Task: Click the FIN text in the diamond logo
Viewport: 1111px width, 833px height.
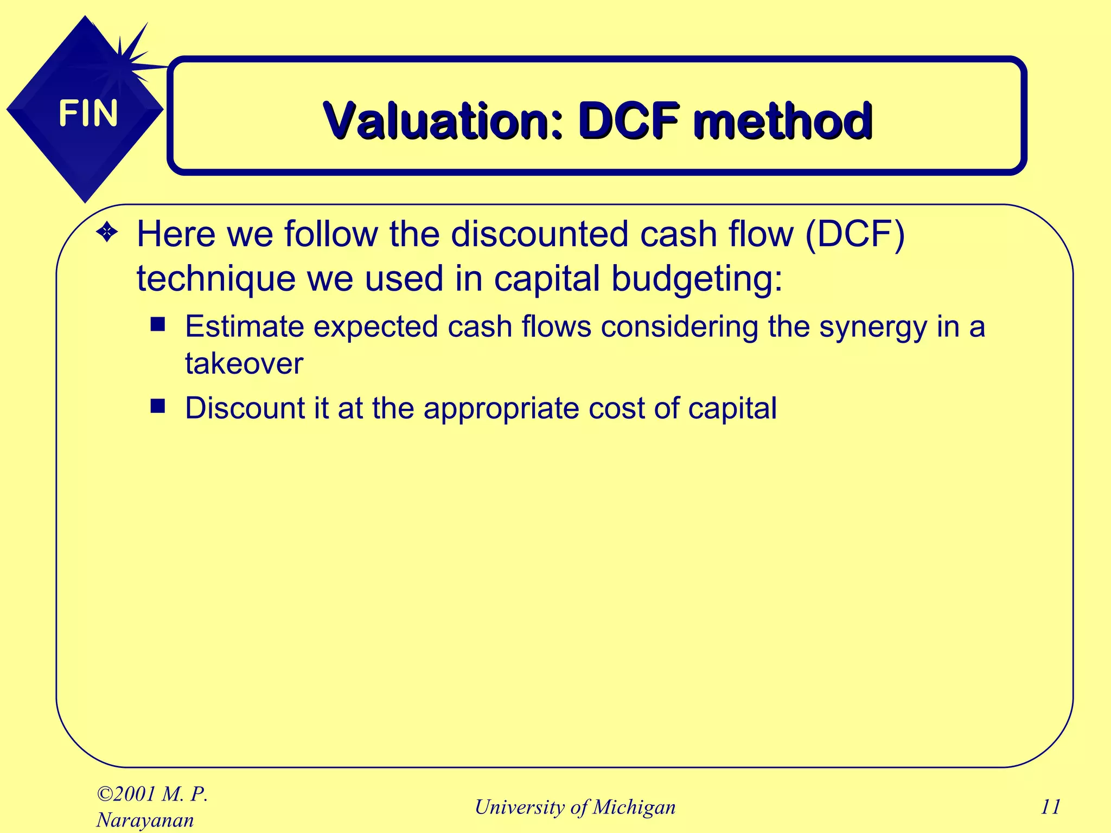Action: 88,113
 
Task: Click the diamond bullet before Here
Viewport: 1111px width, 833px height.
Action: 107,233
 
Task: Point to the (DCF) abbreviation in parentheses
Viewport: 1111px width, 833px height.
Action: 855,234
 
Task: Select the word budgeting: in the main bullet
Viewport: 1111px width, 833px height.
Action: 697,279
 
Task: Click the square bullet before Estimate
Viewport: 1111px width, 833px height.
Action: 158,324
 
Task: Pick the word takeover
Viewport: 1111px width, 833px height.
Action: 244,363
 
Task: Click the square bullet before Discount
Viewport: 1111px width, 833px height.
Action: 158,406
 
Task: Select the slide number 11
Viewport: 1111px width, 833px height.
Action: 1050,807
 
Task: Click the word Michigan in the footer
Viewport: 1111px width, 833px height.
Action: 634,807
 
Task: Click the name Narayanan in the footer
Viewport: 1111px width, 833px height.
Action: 145,820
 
